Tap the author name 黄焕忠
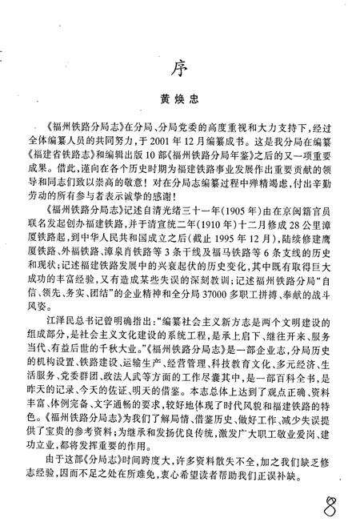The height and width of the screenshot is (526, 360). pyautogui.click(x=183, y=101)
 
